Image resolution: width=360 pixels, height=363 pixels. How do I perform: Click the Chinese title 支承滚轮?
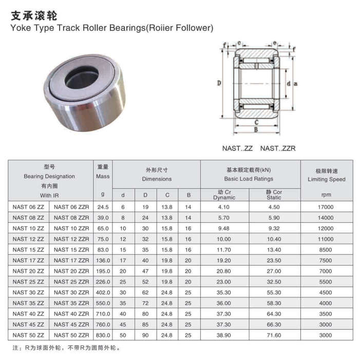pyautogui.click(x=34, y=16)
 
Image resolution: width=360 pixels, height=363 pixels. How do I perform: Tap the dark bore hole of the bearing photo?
pyautogui.click(x=82, y=77)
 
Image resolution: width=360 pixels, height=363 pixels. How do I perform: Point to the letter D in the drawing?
pyautogui.click(x=219, y=83)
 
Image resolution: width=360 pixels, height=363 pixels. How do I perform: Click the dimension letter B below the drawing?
pyautogui.click(x=256, y=129)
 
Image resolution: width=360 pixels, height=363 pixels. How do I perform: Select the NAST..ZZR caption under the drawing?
pyautogui.click(x=278, y=148)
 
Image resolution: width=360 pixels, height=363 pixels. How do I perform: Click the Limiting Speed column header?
pyautogui.click(x=327, y=179)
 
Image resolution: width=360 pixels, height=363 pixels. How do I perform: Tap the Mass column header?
pyautogui.click(x=103, y=177)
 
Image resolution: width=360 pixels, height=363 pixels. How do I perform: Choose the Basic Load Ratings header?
pyautogui.click(x=249, y=179)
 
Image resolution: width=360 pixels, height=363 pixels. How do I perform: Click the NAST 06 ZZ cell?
pyautogui.click(x=28, y=207)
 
